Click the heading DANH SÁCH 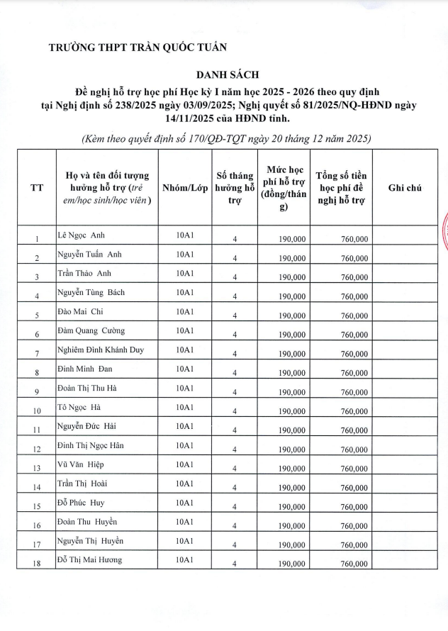tap(229, 74)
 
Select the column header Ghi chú tap(405, 188)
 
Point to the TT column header tap(36, 188)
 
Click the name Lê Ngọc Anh tap(82, 235)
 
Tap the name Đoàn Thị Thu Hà tap(88, 388)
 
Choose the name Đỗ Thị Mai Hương tap(89, 560)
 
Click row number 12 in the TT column tap(37, 449)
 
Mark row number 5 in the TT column tap(37, 315)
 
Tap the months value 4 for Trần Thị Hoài tap(234, 488)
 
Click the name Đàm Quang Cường tap(91, 330)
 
